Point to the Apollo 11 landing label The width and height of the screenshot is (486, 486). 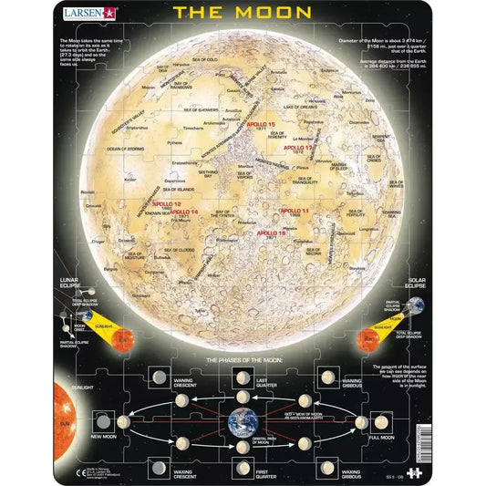(x=294, y=211)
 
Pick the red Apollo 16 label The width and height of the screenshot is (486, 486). (x=271, y=233)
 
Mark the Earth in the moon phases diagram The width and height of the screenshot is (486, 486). (x=243, y=420)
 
